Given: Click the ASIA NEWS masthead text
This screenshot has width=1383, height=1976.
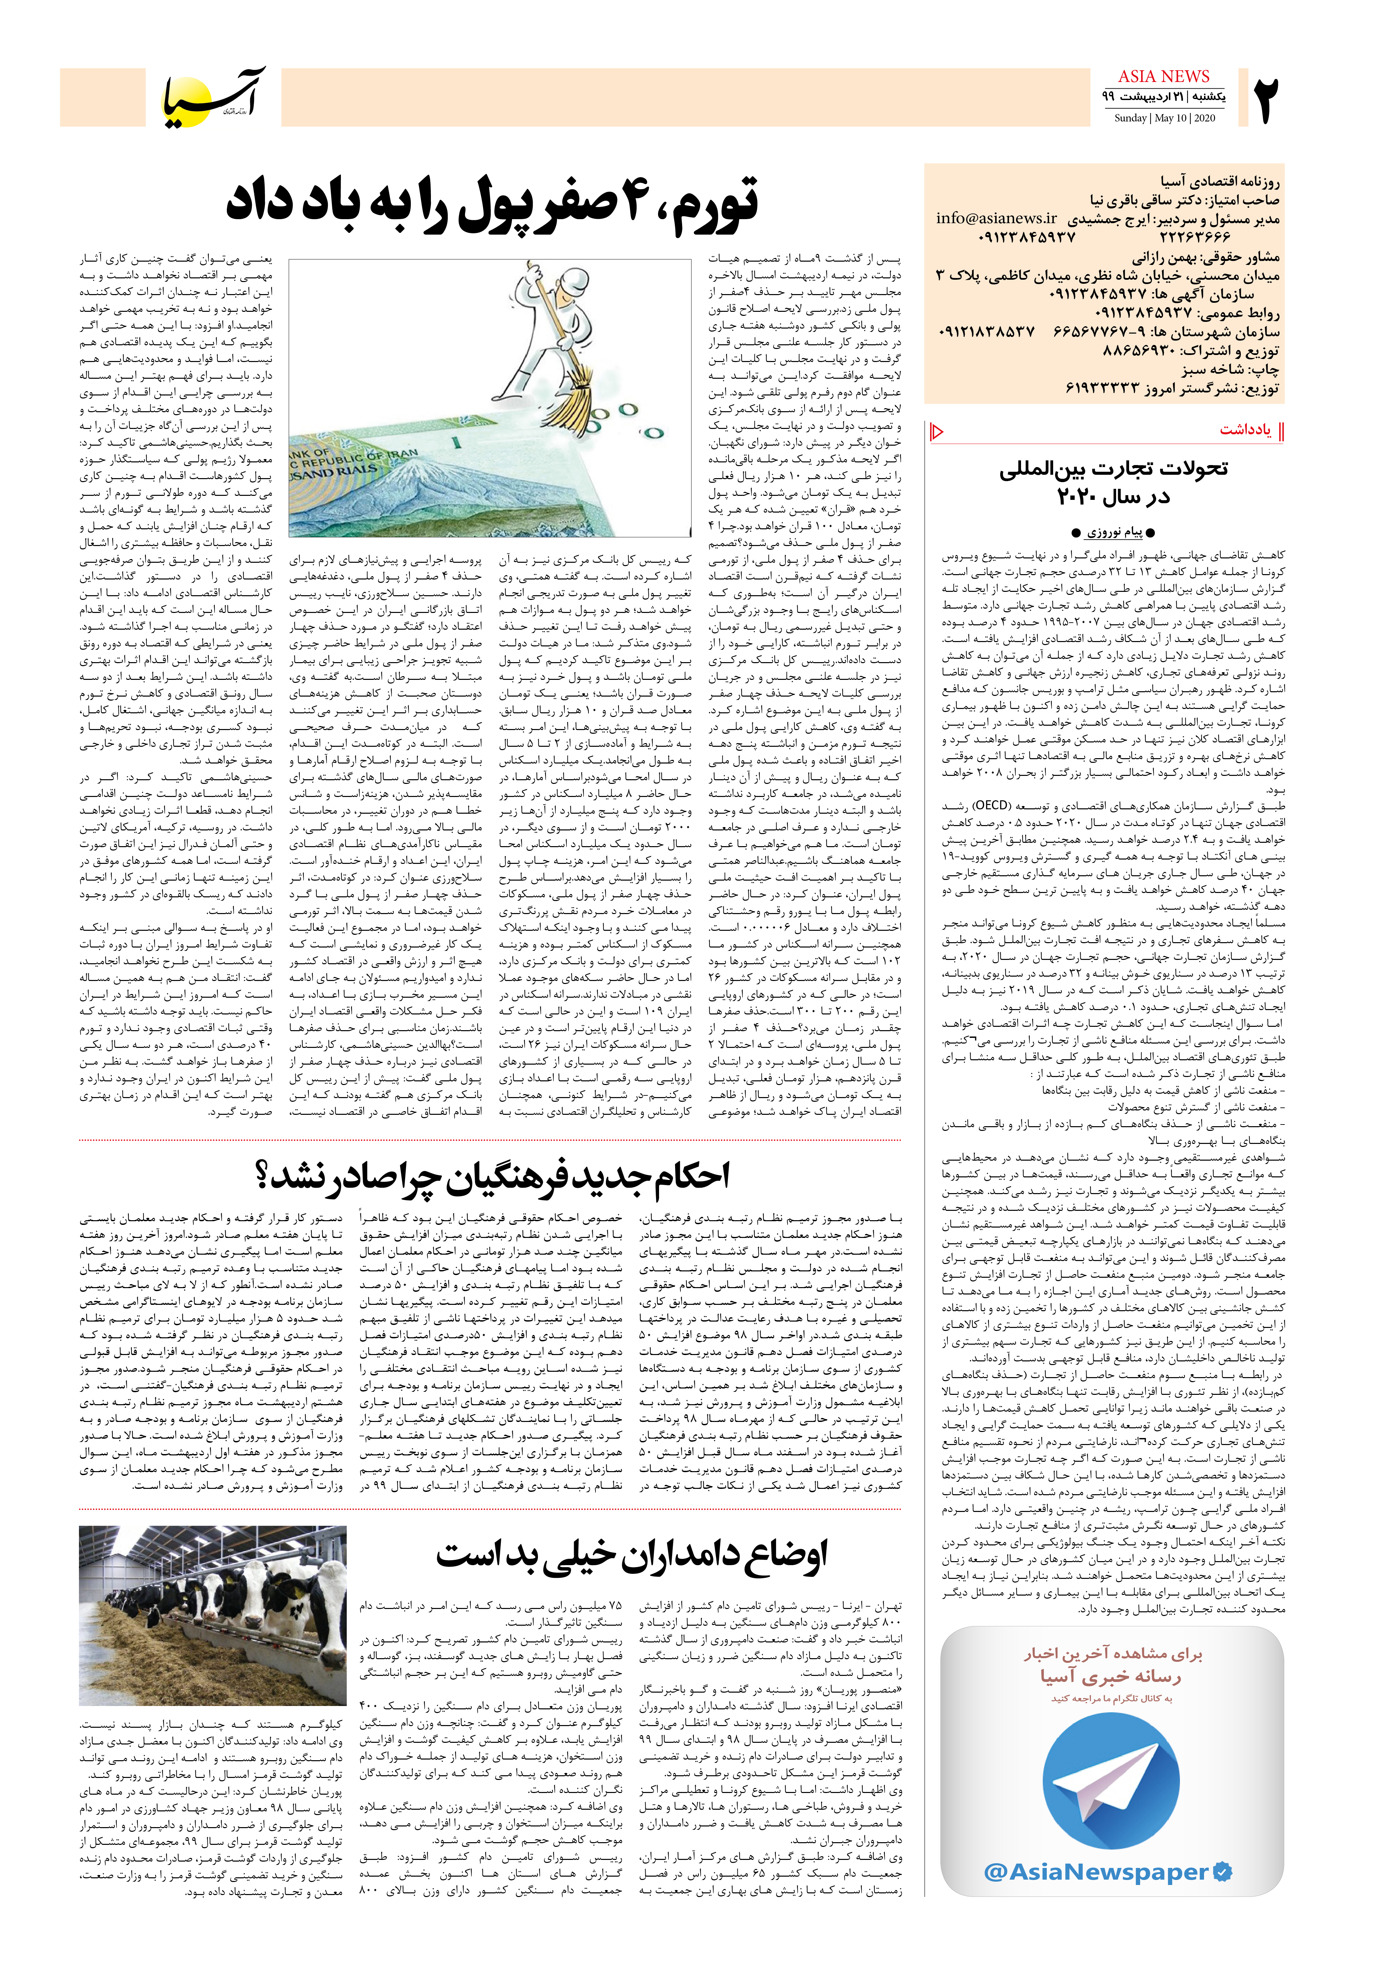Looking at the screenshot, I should coord(1164,77).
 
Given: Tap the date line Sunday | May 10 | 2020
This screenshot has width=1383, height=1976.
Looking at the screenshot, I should coord(1164,118).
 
